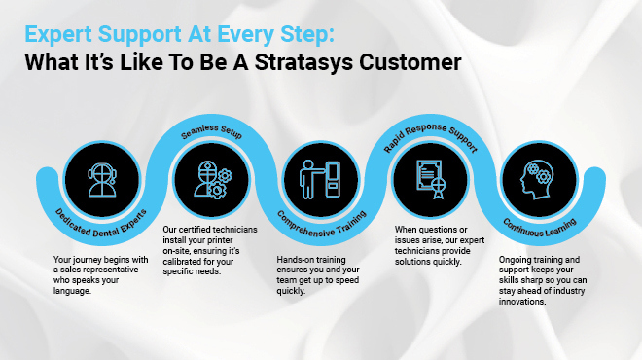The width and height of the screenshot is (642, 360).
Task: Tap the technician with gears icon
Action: pyautogui.click(x=210, y=178)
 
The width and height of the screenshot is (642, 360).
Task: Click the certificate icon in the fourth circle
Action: pyautogui.click(x=428, y=178)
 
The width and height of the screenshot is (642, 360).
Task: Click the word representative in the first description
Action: pyautogui.click(x=125, y=270)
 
